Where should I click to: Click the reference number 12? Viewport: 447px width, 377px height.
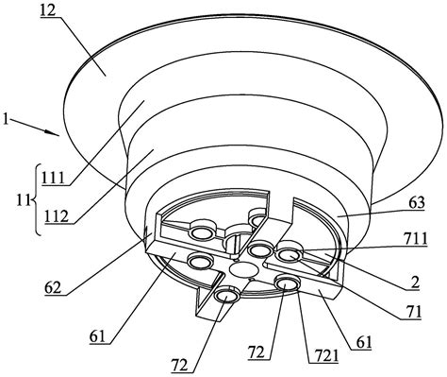48,10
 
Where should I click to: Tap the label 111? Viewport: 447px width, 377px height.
53,179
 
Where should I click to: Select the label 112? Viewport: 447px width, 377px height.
57,216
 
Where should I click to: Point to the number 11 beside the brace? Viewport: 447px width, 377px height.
24,200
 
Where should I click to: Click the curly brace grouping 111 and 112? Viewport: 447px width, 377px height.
37,199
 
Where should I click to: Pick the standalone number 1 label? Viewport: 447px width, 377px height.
5,120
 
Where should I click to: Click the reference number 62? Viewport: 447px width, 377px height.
53,287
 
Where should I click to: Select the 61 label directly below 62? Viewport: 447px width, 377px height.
98,337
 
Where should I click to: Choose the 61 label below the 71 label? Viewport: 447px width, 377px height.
364,342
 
